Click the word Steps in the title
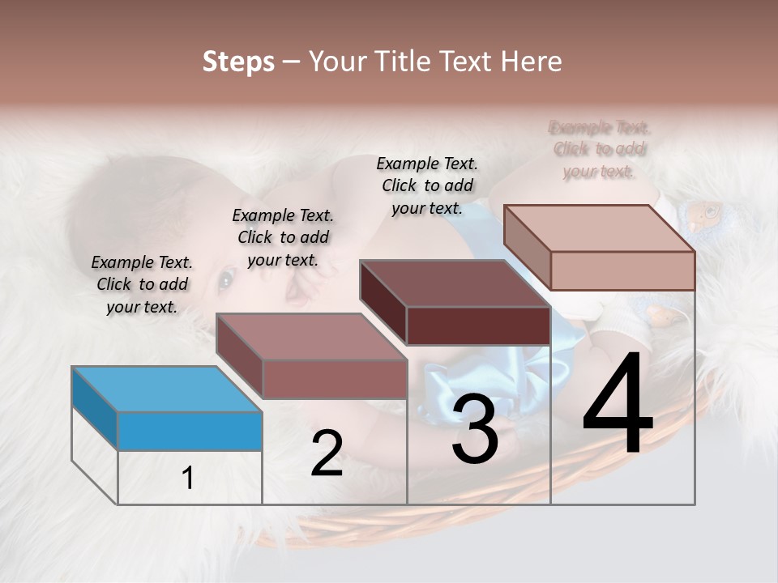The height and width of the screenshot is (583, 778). [238, 62]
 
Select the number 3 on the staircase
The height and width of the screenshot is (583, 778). [474, 429]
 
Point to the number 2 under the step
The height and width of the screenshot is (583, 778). [327, 453]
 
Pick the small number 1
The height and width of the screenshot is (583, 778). [188, 479]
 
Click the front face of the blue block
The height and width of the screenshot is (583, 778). [190, 431]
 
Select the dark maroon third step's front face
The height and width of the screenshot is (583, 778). [478, 326]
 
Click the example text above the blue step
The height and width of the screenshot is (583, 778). [142, 284]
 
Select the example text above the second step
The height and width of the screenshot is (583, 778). [283, 237]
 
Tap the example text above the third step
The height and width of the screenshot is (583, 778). [427, 185]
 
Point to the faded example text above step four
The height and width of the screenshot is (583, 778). [600, 149]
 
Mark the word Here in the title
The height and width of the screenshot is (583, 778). [532, 62]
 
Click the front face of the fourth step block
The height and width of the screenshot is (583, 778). [622, 270]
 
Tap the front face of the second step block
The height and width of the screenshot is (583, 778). [335, 379]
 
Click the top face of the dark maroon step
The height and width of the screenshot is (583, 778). [455, 283]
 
